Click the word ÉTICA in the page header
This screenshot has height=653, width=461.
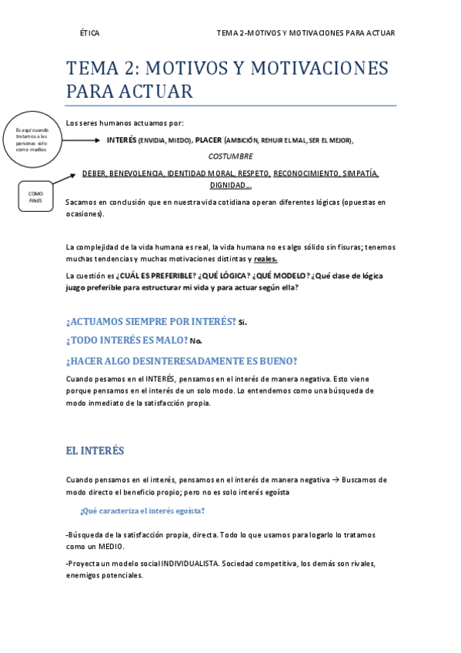(x=90, y=33)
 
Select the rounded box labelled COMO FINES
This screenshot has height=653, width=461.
(x=35, y=197)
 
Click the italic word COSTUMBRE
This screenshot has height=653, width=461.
(x=230, y=156)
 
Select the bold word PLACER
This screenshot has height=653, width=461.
(x=208, y=140)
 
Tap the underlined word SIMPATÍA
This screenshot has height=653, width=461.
(x=361, y=173)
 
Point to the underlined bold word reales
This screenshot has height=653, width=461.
(x=266, y=259)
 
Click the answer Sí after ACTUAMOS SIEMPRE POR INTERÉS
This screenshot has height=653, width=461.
(x=243, y=322)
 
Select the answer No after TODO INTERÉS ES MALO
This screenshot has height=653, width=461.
(x=195, y=340)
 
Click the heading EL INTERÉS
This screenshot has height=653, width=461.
(x=95, y=450)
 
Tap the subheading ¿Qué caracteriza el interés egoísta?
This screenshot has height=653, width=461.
(x=142, y=511)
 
